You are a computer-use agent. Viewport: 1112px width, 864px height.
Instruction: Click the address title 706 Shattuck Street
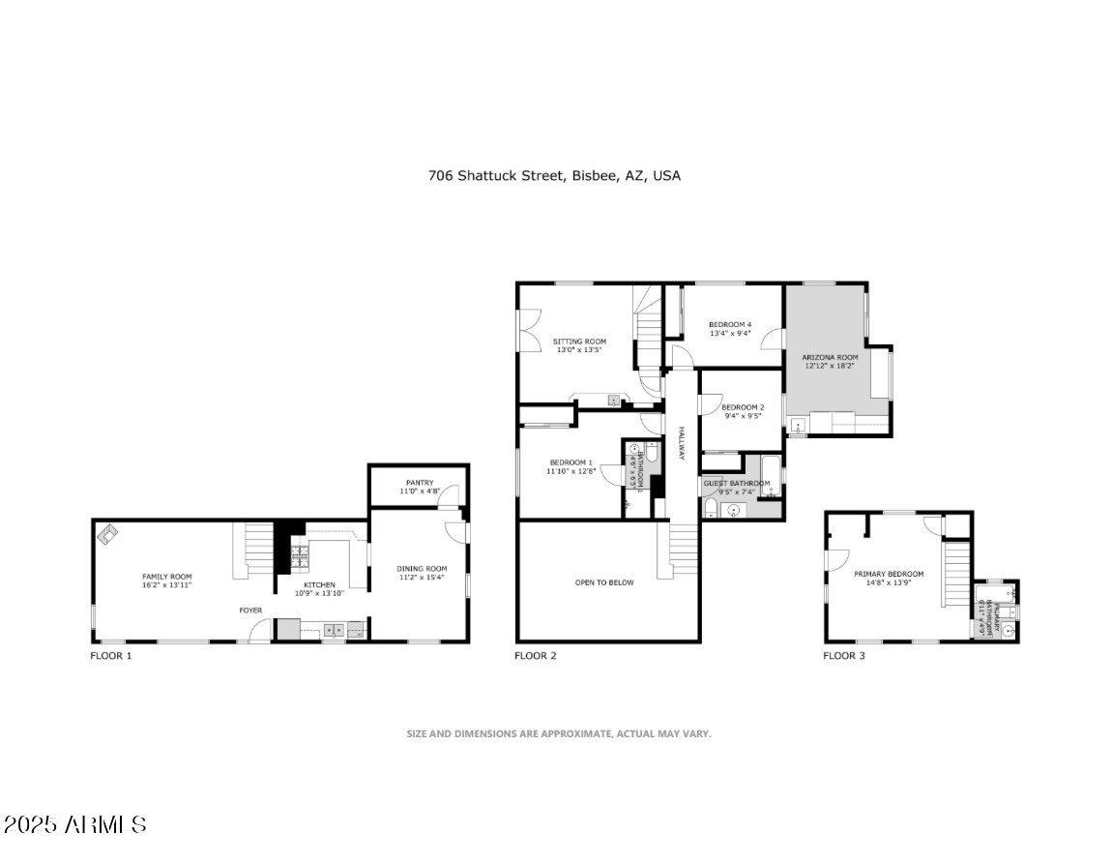coord(554,176)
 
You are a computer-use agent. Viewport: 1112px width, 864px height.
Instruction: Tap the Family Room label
coord(167,577)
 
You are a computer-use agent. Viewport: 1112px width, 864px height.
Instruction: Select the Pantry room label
coord(420,483)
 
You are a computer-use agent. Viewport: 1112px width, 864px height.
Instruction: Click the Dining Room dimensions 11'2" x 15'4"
coord(423,578)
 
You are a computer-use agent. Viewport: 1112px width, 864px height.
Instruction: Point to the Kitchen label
coord(320,584)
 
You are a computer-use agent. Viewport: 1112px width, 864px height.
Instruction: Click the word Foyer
coord(251,611)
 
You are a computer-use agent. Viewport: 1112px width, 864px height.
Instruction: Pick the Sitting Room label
coord(579,342)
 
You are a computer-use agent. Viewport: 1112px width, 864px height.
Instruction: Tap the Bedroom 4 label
coord(730,324)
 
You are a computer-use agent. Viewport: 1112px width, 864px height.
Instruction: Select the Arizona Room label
coord(830,357)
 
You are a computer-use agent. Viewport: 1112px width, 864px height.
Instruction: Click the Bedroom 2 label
coord(743,407)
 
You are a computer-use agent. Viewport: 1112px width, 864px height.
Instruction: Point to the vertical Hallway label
coord(681,443)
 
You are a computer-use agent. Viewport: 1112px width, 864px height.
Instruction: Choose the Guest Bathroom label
coord(737,483)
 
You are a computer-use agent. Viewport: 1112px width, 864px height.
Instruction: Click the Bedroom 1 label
coord(571,462)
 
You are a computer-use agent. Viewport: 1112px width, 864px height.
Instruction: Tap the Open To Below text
coord(604,582)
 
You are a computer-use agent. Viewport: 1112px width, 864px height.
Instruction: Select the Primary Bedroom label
coord(888,574)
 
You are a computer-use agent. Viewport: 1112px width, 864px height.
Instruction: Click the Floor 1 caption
coord(111,656)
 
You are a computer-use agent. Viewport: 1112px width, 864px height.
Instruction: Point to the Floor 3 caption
coord(844,656)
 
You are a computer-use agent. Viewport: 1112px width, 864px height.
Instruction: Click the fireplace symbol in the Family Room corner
coord(106,532)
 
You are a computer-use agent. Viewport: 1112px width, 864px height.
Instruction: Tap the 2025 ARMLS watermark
coord(75,825)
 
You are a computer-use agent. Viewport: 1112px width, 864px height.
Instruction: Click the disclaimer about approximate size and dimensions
coord(558,733)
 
